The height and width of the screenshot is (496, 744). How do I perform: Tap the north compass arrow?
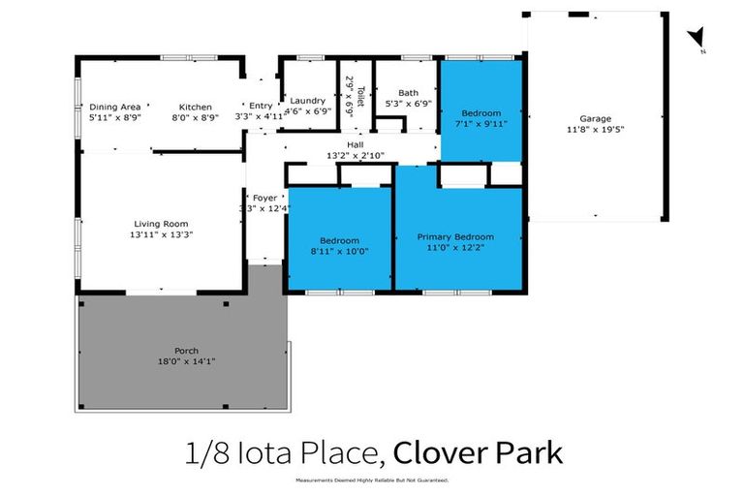(695, 38)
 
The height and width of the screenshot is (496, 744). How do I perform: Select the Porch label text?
(187, 351)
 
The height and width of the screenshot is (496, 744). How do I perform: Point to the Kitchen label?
(195, 107)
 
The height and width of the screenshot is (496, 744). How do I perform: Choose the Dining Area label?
(115, 107)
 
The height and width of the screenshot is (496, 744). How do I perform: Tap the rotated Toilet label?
(360, 94)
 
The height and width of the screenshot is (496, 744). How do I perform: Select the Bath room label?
(407, 93)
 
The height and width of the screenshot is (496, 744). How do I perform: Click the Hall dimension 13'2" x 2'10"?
(356, 155)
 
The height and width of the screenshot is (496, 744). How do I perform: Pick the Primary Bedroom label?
(455, 236)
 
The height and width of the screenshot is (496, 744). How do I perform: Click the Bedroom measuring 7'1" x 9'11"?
(480, 113)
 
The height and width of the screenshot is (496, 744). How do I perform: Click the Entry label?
(261, 106)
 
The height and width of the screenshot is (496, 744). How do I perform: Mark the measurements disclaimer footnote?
(372, 481)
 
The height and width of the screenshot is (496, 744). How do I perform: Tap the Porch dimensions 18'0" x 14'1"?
(187, 361)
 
